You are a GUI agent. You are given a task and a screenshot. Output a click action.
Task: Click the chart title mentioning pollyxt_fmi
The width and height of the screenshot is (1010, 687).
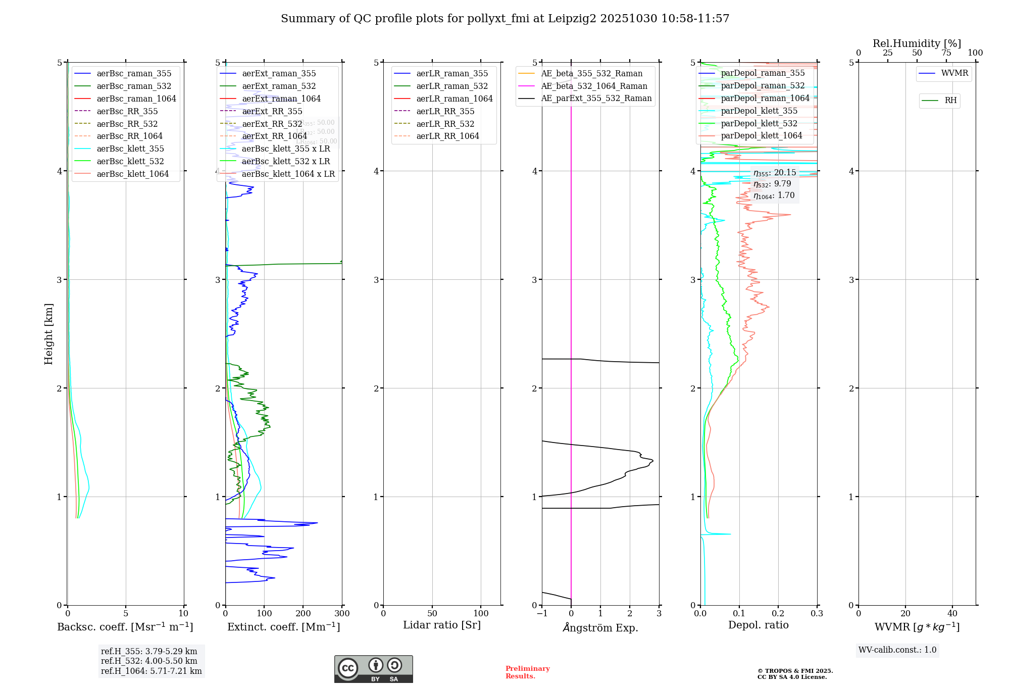pyautogui.click(x=505, y=19)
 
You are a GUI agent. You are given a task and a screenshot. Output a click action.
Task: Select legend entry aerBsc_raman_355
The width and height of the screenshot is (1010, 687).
pyautogui.click(x=134, y=74)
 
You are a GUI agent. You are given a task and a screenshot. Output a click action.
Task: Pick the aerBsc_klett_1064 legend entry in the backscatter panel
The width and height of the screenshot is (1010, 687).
pyautogui.click(x=133, y=174)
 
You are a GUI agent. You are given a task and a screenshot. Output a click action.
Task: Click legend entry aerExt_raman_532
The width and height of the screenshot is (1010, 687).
pyautogui.click(x=279, y=86)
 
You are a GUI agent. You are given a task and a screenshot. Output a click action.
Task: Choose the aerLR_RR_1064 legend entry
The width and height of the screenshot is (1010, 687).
pyautogui.click(x=447, y=136)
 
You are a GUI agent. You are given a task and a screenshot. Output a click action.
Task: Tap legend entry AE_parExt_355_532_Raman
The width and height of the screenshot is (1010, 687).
pyautogui.click(x=596, y=99)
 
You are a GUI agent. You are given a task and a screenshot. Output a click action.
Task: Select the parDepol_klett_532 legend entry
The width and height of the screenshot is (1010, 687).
pyautogui.click(x=759, y=123)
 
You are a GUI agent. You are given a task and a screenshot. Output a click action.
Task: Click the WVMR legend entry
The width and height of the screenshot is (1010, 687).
pyautogui.click(x=954, y=73)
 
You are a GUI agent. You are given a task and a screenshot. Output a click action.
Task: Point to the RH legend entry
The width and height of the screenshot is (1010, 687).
pyautogui.click(x=950, y=101)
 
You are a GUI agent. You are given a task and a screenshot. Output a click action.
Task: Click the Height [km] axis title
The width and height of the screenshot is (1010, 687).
pyautogui.click(x=48, y=333)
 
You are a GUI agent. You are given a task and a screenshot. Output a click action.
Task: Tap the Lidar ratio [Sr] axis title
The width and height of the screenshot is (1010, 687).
pyautogui.click(x=442, y=625)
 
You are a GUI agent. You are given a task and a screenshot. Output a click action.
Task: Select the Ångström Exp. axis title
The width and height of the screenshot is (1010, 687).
pyautogui.click(x=600, y=627)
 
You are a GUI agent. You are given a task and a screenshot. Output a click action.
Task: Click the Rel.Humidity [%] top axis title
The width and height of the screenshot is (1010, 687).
pyautogui.click(x=917, y=43)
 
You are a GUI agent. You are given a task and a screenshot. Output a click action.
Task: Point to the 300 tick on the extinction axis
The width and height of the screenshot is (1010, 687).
pyautogui.click(x=342, y=614)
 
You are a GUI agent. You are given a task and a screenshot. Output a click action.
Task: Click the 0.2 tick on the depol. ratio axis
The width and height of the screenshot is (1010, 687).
pyautogui.click(x=778, y=614)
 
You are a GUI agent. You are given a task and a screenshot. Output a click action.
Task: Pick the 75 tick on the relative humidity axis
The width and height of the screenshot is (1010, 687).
pyautogui.click(x=946, y=53)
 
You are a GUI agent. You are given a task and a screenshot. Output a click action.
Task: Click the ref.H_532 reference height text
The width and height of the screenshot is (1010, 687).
pyautogui.click(x=149, y=661)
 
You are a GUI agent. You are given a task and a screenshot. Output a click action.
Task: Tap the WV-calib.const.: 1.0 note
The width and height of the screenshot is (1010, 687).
pyautogui.click(x=897, y=650)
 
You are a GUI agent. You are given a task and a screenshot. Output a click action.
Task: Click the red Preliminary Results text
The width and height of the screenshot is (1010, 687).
pyautogui.click(x=527, y=672)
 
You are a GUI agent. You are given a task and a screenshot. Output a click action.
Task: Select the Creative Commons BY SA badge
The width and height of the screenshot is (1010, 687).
pyautogui.click(x=373, y=669)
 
